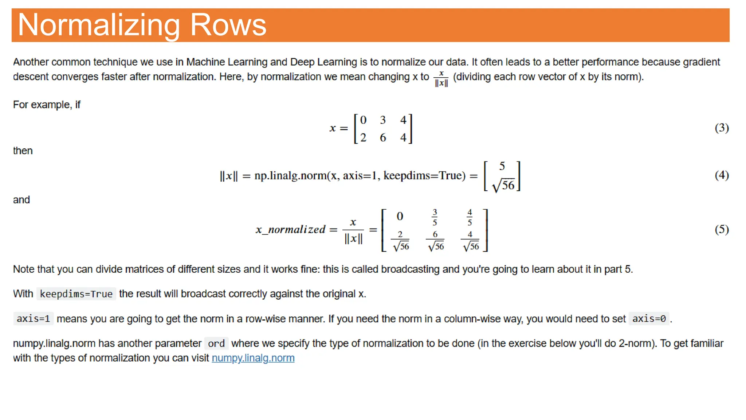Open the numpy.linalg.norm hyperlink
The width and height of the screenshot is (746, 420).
point(253,358)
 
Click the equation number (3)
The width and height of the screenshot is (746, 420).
point(721,128)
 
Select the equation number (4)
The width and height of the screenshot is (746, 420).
point(721,175)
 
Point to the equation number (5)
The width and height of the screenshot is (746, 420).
point(721,229)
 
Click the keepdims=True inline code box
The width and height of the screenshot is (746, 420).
point(76,294)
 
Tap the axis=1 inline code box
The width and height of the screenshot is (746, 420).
point(33,319)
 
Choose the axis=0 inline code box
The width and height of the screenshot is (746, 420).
point(649,319)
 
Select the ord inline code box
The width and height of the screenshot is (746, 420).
point(216,343)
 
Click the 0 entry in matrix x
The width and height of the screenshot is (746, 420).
point(363,120)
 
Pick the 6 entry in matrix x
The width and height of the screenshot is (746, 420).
point(383,137)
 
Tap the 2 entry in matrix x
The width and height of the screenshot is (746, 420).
point(363,137)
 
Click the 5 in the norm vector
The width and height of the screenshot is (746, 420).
point(502,166)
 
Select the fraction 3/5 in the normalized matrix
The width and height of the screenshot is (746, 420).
point(435,217)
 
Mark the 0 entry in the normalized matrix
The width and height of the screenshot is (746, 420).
point(400,217)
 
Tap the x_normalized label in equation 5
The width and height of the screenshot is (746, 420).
point(290,230)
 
